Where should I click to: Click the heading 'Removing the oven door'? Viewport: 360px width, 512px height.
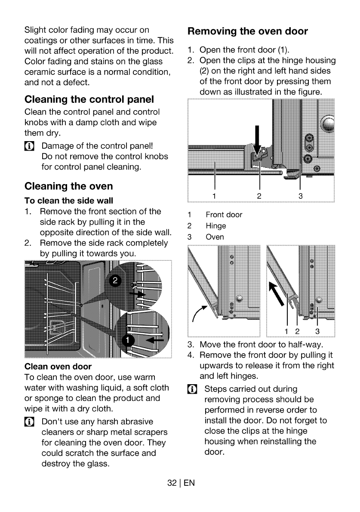tap(247, 31)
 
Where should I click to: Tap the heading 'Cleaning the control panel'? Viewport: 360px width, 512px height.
tap(89, 99)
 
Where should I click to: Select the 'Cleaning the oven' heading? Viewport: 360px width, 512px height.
tap(68, 186)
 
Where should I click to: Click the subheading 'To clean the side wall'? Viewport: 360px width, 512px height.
tap(68, 200)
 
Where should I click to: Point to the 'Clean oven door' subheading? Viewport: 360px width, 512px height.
tap(58, 367)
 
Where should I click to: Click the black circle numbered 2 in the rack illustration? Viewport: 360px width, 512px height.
tap(115, 281)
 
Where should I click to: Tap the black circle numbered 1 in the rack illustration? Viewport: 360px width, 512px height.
tap(128, 340)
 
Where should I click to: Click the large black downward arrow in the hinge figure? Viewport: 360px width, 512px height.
tap(257, 140)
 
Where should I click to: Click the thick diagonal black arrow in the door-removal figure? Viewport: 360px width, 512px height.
tap(276, 294)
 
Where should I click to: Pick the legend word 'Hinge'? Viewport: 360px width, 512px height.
tap(216, 226)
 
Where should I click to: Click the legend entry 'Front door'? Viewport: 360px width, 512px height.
tap(224, 215)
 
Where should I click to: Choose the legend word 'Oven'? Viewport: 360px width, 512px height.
tap(215, 237)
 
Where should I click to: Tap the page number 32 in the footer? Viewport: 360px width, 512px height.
tap(172, 483)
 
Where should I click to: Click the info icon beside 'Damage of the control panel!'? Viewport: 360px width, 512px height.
tap(29, 146)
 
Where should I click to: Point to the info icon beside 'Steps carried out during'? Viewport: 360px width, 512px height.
tap(192, 389)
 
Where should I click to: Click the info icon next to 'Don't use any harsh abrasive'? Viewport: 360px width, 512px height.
tap(29, 422)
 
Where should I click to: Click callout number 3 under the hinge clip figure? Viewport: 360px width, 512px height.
tap(301, 196)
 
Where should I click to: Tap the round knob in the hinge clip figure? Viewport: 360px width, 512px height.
tap(328, 124)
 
